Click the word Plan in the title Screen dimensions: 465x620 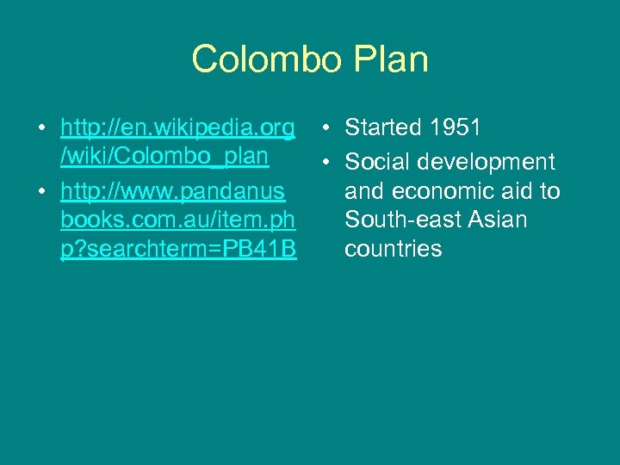pos(392,59)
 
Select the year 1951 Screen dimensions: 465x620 pos(457,128)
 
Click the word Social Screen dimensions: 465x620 pos(380,162)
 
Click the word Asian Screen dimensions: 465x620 pos(499,220)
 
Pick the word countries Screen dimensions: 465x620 pos(393,249)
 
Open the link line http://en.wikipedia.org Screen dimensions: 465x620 pos(177,129)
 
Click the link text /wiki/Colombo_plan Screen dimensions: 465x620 pos(164,158)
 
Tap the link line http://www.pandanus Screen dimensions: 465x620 pos(172,191)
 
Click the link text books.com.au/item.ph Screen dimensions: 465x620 pos(177,220)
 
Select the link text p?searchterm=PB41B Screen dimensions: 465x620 pos(178,249)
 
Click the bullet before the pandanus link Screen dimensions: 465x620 pos(40,192)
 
